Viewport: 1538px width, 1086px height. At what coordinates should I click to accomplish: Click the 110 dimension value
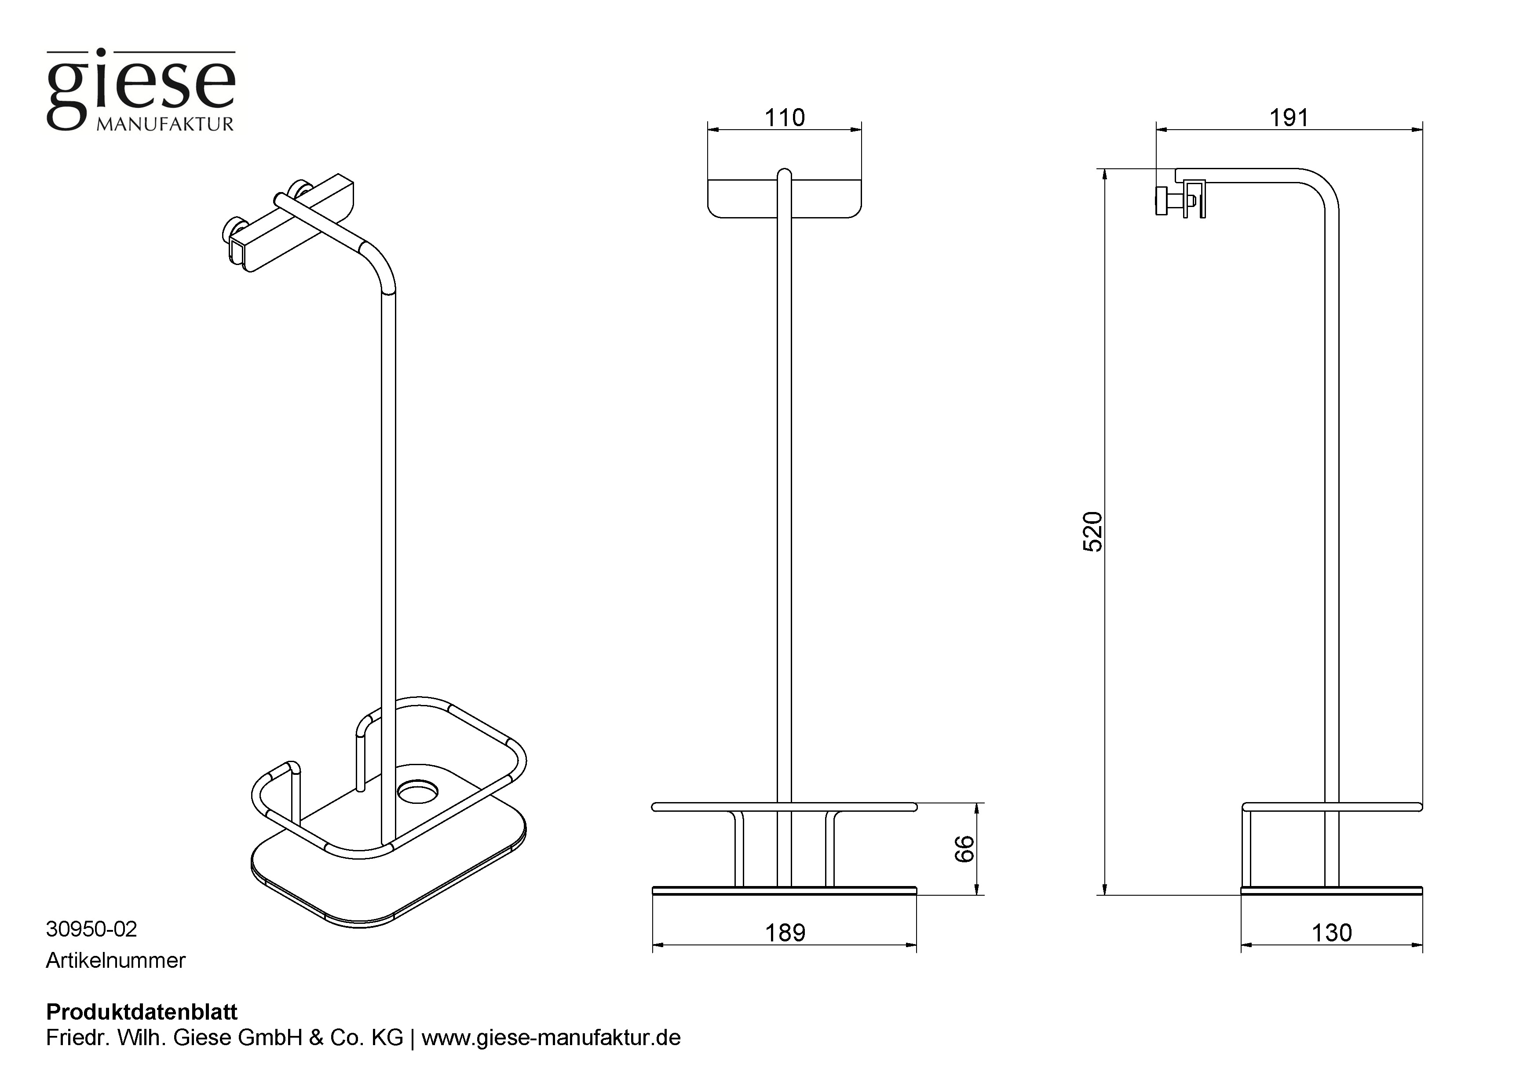[785, 118]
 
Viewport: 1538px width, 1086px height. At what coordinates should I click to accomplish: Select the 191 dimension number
[1289, 118]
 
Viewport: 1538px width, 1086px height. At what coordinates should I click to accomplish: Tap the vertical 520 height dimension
[1092, 532]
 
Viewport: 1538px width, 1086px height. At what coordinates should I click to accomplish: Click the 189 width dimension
[785, 933]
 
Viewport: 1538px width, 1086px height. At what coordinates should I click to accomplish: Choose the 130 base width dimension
[1332, 933]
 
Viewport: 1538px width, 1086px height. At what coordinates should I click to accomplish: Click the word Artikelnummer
[115, 960]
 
